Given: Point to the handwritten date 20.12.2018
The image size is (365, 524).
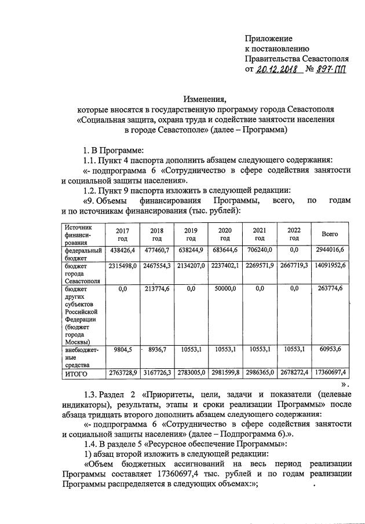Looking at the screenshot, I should (x=276, y=69).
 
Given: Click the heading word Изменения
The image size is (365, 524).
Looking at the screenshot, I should (x=205, y=99).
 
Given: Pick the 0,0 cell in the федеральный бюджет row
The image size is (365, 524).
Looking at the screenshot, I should (x=294, y=250).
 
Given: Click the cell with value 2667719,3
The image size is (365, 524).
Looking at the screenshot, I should (x=294, y=266).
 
